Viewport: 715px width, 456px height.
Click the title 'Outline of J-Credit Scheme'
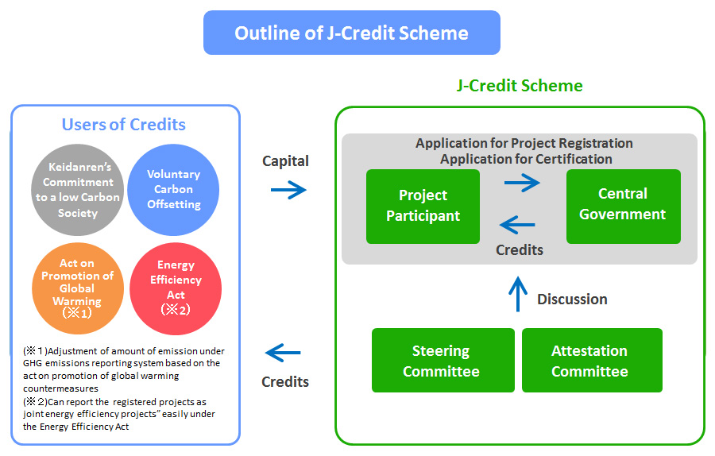point(351,33)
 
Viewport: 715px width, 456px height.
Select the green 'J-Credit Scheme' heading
point(520,86)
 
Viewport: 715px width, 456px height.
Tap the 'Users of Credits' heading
point(124,125)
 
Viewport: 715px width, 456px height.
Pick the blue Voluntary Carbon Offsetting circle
point(173,189)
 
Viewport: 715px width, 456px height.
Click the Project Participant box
point(423,206)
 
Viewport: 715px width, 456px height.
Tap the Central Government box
point(623,205)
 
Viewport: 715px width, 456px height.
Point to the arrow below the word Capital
point(288,190)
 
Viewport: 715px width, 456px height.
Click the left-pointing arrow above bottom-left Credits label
point(284,352)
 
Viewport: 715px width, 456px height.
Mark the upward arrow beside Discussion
point(517,293)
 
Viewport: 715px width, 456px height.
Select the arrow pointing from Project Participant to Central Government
point(521,184)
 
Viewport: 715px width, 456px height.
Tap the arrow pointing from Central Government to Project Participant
point(518,226)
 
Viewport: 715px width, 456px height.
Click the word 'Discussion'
point(572,299)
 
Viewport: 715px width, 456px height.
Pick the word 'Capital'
point(285,161)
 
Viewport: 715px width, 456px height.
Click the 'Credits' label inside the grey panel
point(520,249)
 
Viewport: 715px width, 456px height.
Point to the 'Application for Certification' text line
point(526,159)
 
